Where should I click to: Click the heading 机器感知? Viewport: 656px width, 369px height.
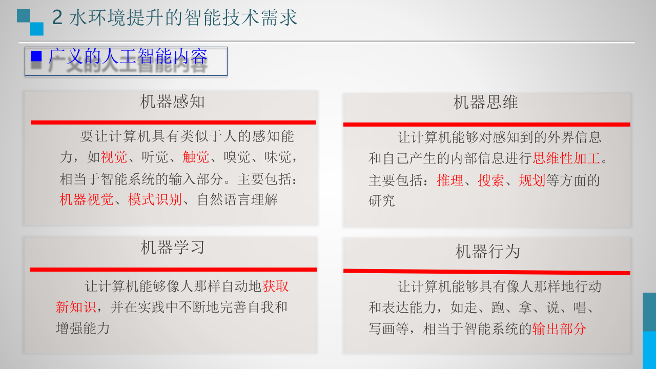coord(172,101)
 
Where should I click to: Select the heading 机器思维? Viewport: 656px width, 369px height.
coord(485,102)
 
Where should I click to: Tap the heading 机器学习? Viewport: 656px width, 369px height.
coord(173,248)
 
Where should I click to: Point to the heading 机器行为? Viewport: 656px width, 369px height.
coord(487,252)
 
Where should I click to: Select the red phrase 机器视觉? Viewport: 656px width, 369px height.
coord(87,199)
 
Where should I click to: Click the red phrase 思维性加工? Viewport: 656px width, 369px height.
coord(566,158)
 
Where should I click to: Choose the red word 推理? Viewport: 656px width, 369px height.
coord(450,180)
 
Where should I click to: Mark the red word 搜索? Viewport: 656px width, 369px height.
coord(491,180)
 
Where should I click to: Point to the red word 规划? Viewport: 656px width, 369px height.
coord(532,180)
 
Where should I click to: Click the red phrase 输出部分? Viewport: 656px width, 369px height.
coord(559,329)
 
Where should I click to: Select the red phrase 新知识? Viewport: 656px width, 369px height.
coord(76,307)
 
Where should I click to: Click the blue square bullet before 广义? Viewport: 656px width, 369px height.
coord(36,56)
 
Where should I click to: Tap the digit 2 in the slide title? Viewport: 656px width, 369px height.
coord(57,18)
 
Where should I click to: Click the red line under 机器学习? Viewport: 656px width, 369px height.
coord(173,270)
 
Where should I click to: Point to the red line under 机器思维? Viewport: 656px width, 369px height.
coord(486,125)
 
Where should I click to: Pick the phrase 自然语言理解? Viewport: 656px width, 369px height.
coord(237,199)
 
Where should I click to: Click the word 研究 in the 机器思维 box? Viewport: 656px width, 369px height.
coord(382,201)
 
